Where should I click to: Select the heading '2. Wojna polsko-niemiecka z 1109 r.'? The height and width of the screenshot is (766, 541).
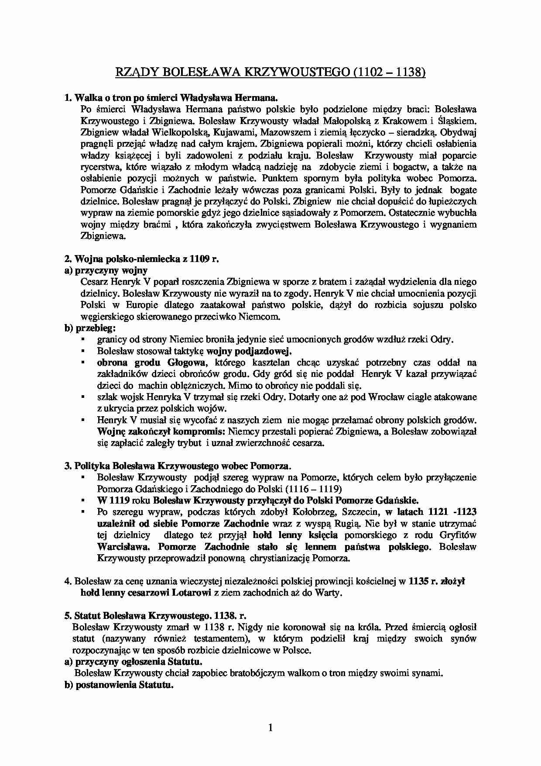click(x=141, y=259)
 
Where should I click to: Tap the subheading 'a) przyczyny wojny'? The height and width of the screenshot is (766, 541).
click(x=106, y=270)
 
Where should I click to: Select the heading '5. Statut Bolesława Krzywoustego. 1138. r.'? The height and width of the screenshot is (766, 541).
click(x=155, y=616)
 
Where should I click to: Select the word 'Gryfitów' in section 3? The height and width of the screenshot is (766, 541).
click(x=458, y=535)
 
